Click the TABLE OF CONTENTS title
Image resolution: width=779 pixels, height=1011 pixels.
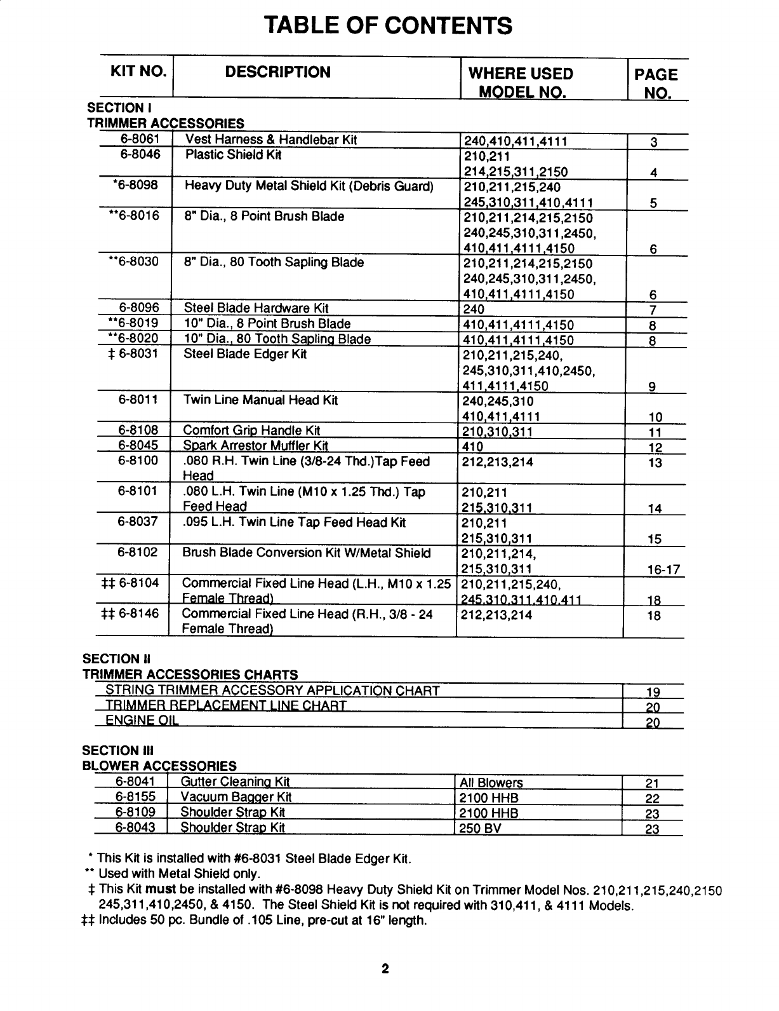point(388,25)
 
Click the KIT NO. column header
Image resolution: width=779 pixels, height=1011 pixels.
point(139,72)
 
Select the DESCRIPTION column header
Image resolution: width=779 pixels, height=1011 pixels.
point(278,72)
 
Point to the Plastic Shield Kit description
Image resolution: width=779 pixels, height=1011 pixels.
point(233,155)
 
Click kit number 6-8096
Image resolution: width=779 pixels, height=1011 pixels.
point(139,309)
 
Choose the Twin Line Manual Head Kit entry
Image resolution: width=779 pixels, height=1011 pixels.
point(260,400)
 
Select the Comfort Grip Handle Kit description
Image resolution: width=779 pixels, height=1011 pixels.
point(251,431)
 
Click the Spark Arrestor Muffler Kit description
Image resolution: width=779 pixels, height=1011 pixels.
point(255,445)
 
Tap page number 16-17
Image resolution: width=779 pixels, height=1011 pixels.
point(663,569)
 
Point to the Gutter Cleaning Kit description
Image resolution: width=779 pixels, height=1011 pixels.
point(235,782)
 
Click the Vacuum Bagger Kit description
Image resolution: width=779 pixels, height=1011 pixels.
point(236,797)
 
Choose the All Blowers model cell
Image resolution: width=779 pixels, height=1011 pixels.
point(491,783)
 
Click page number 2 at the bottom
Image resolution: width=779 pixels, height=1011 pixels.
point(385,970)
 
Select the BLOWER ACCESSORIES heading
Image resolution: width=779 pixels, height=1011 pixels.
point(159,766)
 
